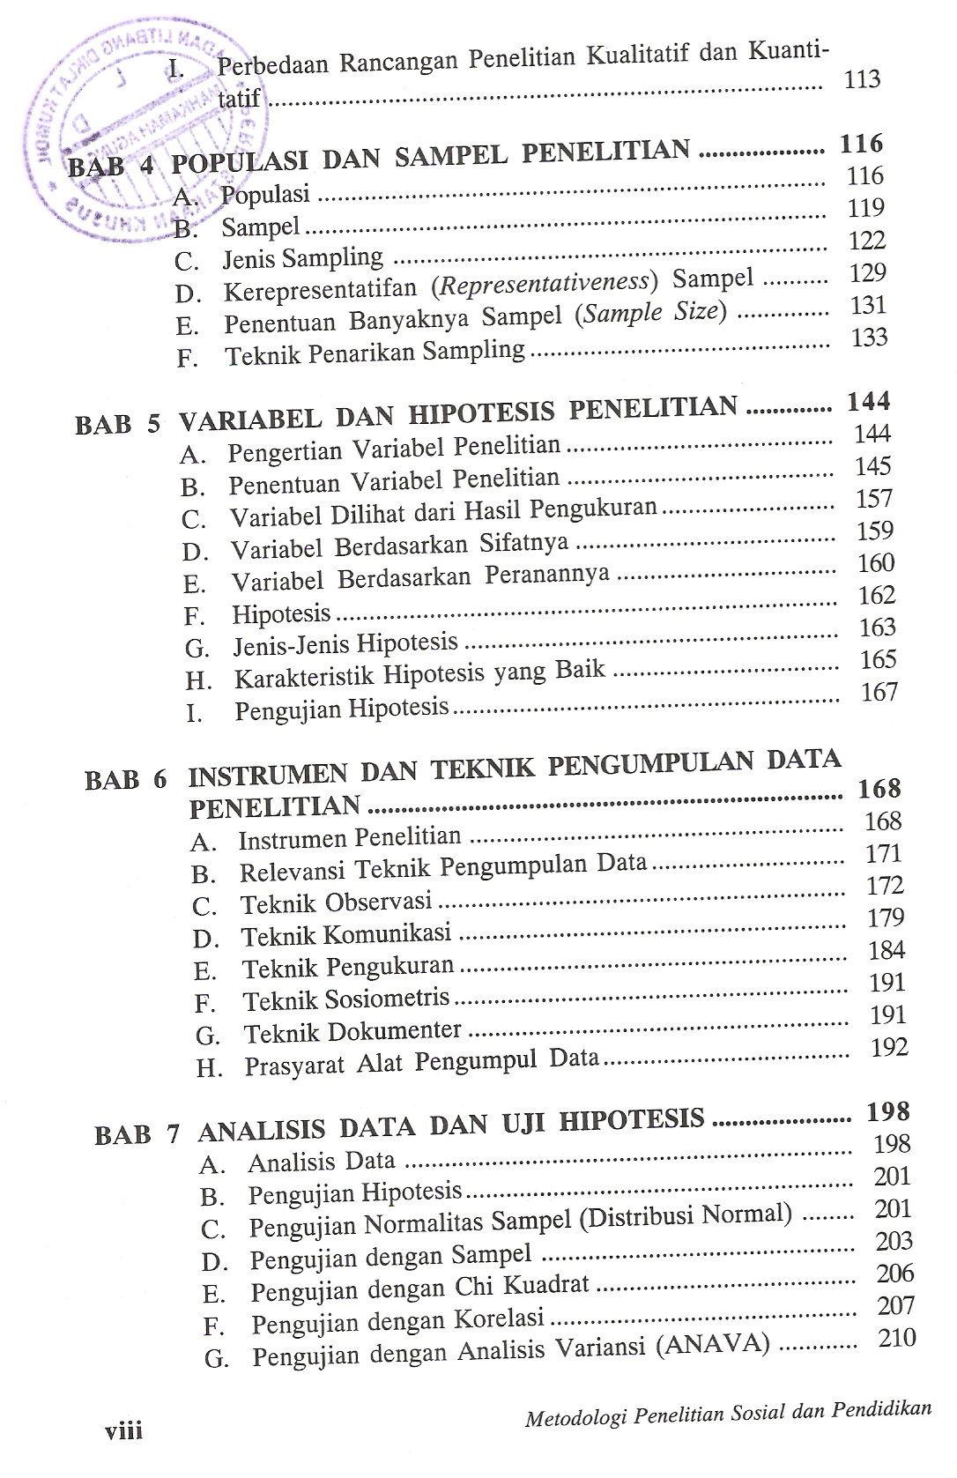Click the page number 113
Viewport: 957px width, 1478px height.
[861, 80]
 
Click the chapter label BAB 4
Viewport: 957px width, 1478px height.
[110, 166]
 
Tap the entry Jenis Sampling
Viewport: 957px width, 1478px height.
[302, 259]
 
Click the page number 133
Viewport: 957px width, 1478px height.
[869, 338]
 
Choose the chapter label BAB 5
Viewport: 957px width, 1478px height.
[118, 424]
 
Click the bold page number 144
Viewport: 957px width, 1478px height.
[868, 402]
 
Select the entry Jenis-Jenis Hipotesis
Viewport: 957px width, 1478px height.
[345, 644]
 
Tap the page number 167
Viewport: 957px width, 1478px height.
[879, 692]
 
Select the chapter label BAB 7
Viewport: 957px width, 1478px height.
[137, 1133]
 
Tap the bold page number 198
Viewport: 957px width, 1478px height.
[887, 1112]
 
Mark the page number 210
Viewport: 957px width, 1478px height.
[897, 1339]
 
